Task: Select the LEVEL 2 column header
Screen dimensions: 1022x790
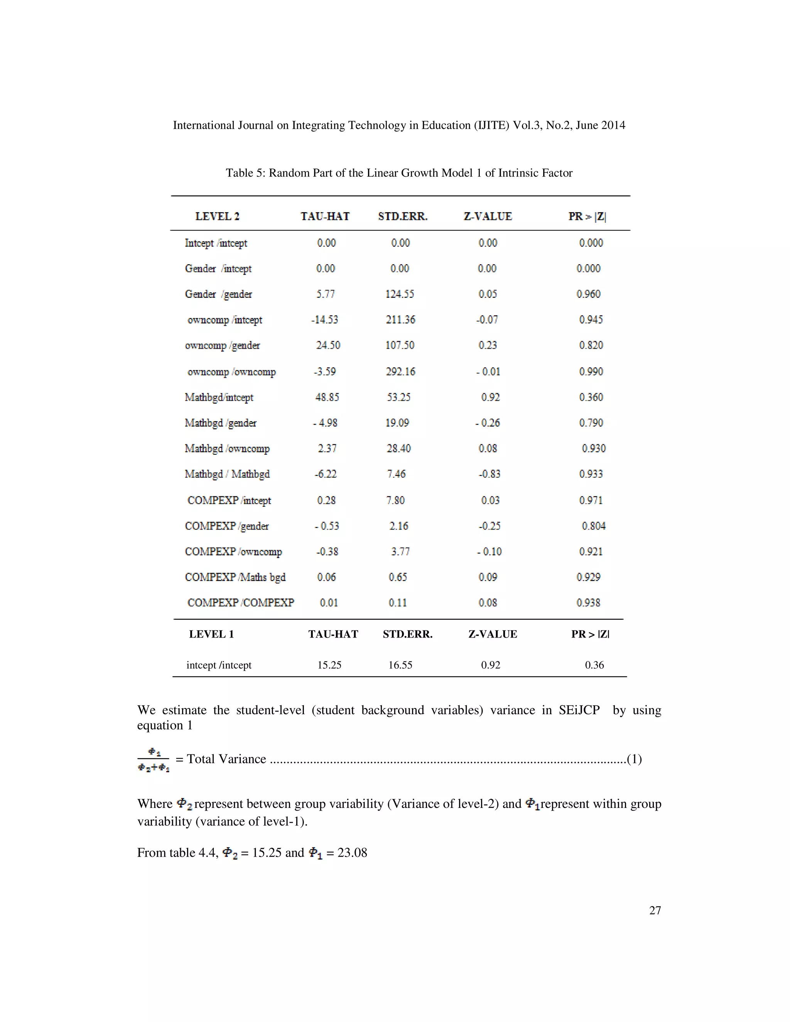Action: (x=217, y=216)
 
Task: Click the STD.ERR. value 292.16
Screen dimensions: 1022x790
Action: (x=400, y=371)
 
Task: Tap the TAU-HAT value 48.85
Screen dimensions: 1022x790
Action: (x=327, y=397)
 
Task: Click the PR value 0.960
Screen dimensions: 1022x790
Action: (x=588, y=294)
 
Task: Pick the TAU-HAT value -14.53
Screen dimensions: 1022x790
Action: (x=324, y=320)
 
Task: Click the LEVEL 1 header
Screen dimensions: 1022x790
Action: (x=211, y=634)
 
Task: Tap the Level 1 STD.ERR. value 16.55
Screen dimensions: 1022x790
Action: (x=400, y=665)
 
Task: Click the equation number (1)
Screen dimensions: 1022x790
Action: (x=634, y=759)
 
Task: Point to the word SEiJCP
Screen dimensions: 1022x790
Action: (x=579, y=710)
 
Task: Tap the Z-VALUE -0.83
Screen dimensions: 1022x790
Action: (x=489, y=474)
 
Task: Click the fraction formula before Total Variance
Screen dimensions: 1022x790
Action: (x=154, y=759)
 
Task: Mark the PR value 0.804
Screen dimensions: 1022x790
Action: (x=593, y=526)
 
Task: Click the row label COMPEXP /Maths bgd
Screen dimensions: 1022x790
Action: (x=235, y=577)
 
